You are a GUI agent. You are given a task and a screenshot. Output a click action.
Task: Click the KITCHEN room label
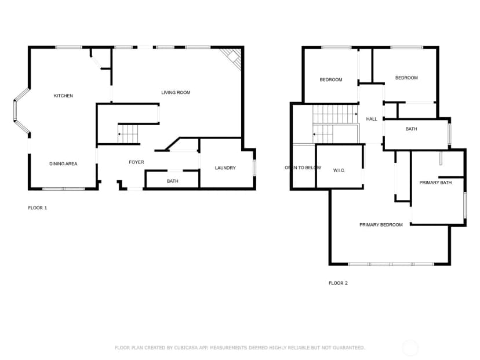tap(63, 96)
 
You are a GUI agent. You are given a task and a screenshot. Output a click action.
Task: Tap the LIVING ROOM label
tap(176, 92)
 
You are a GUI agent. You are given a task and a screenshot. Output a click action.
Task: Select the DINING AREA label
tap(63, 164)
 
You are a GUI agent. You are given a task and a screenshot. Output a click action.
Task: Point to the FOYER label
tap(136, 162)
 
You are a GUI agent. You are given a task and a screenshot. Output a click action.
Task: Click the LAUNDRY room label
tap(226, 168)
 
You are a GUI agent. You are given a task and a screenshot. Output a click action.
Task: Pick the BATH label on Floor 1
tap(172, 181)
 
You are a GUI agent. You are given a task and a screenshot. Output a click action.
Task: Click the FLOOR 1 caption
tap(37, 208)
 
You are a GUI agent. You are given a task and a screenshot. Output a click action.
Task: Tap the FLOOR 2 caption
tap(338, 283)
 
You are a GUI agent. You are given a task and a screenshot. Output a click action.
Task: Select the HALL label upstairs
tap(372, 119)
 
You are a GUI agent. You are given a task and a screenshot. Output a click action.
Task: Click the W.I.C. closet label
tap(339, 170)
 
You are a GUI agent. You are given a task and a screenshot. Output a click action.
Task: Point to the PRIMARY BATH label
tap(435, 183)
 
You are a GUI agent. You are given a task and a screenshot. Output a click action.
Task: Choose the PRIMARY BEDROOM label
tap(381, 225)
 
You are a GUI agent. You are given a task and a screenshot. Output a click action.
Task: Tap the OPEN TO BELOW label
tap(303, 168)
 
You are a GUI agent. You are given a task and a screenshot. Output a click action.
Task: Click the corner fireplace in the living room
tap(232, 59)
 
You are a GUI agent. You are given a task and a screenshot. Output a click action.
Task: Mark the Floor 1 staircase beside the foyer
tap(128, 134)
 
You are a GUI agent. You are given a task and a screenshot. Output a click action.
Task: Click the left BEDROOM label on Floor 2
tap(331, 80)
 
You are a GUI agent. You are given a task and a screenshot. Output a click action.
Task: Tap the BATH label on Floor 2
tap(411, 129)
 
